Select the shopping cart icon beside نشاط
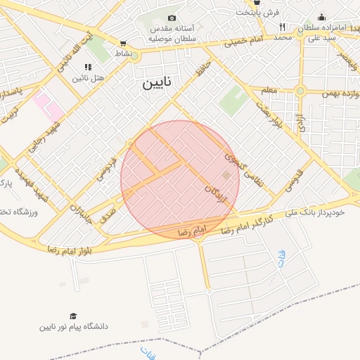[124, 43]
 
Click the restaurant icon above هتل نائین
[88, 67]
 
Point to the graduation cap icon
[72, 316]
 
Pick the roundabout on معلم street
[300, 91]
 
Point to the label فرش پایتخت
[258, 12]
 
